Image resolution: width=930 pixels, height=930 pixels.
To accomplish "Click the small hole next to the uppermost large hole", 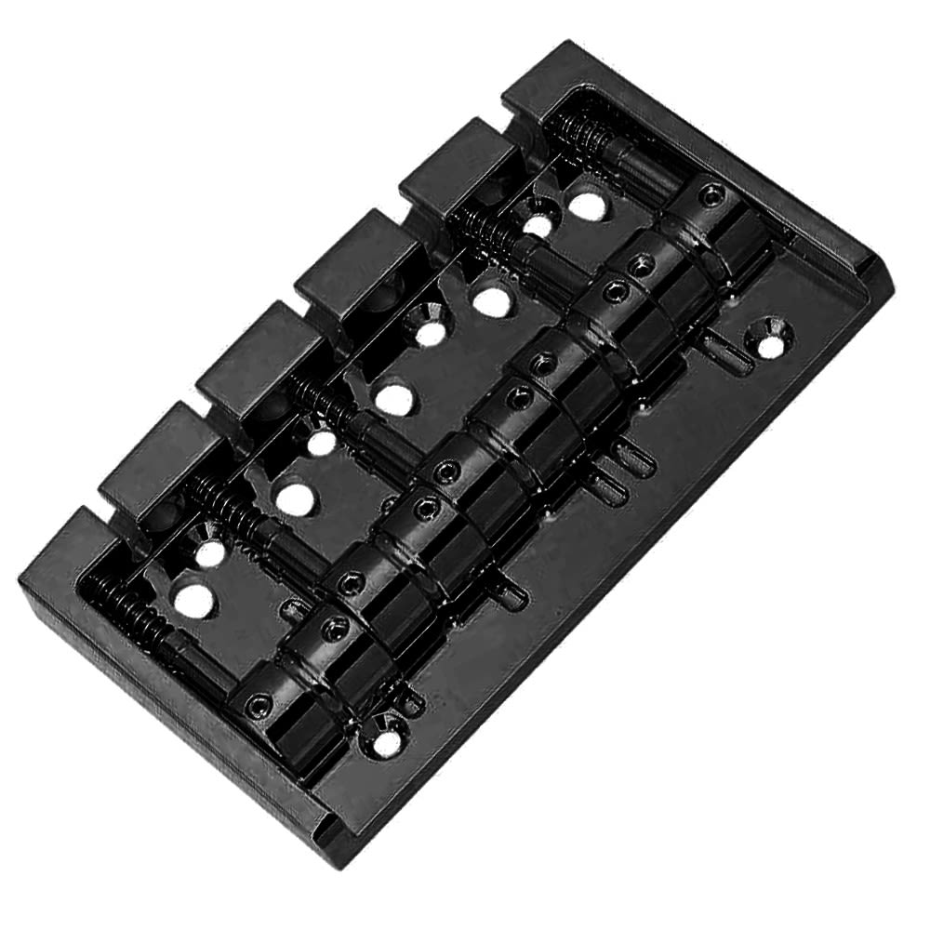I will [x=537, y=223].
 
